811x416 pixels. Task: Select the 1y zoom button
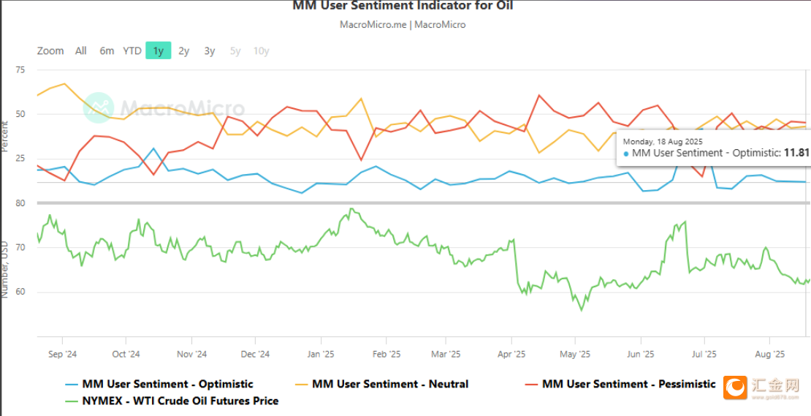pyautogui.click(x=158, y=50)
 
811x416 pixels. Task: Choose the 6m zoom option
pyautogui.click(x=107, y=50)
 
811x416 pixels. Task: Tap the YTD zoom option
pyautogui.click(x=132, y=50)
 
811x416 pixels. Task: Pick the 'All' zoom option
pyautogui.click(x=80, y=50)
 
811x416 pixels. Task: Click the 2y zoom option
pyautogui.click(x=184, y=50)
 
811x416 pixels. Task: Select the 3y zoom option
pyautogui.click(x=210, y=50)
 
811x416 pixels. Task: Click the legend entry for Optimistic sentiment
pyautogui.click(x=167, y=384)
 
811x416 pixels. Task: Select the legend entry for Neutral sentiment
pyautogui.click(x=390, y=384)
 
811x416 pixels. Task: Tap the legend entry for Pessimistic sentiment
pyautogui.click(x=628, y=384)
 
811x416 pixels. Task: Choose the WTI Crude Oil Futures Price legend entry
pyautogui.click(x=180, y=401)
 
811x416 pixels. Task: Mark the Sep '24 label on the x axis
pyautogui.click(x=62, y=355)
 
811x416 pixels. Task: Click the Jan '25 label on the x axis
pyautogui.click(x=320, y=355)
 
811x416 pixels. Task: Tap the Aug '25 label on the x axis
pyautogui.click(x=769, y=355)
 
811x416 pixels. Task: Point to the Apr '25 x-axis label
pyautogui.click(x=511, y=355)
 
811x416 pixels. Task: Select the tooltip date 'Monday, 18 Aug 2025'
pyautogui.click(x=663, y=140)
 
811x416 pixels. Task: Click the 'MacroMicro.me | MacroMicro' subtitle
pyautogui.click(x=403, y=24)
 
